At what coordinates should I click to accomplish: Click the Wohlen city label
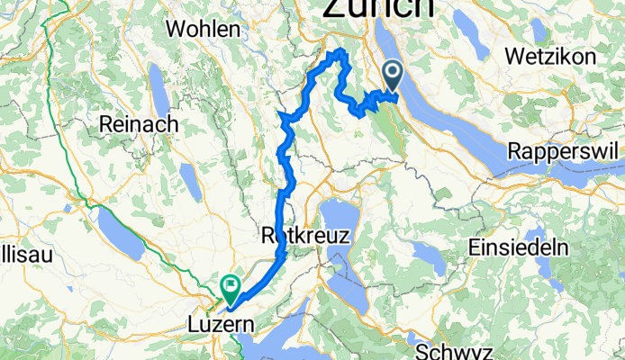point(204,29)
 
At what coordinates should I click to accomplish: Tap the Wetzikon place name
point(551,56)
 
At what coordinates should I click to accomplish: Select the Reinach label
point(139,123)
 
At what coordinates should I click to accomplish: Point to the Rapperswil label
point(566,150)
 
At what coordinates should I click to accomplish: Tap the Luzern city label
point(222,322)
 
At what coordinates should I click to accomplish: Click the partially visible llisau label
point(26,255)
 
